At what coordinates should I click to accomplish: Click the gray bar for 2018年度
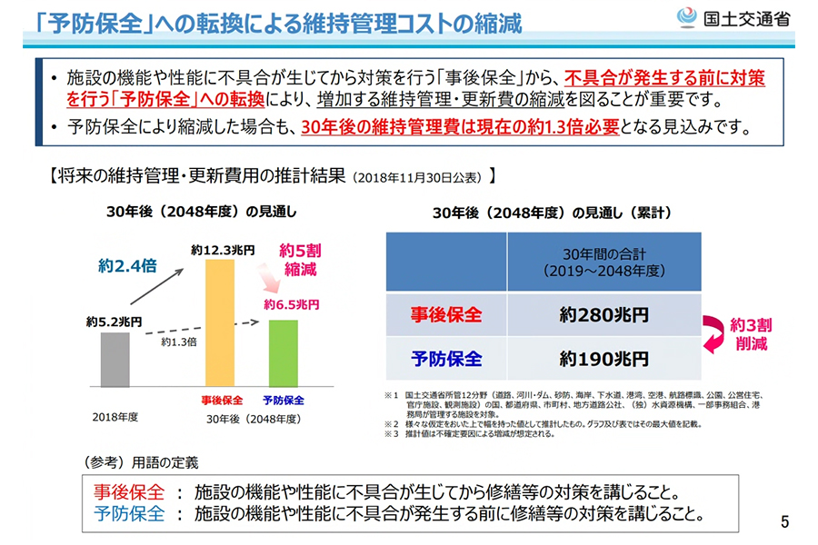(115, 359)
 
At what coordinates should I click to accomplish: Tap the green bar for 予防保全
(283, 352)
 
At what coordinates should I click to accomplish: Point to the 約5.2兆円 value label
(115, 321)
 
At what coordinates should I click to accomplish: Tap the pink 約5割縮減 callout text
(299, 258)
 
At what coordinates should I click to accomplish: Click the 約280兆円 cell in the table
(604, 315)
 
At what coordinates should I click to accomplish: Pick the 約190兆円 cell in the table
(604, 359)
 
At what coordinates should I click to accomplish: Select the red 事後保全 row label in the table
(445, 315)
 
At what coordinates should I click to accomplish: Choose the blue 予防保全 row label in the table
(445, 359)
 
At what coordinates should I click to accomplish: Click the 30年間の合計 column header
(604, 263)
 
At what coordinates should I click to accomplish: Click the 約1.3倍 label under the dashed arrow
(179, 342)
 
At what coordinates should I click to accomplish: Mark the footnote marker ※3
(392, 434)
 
